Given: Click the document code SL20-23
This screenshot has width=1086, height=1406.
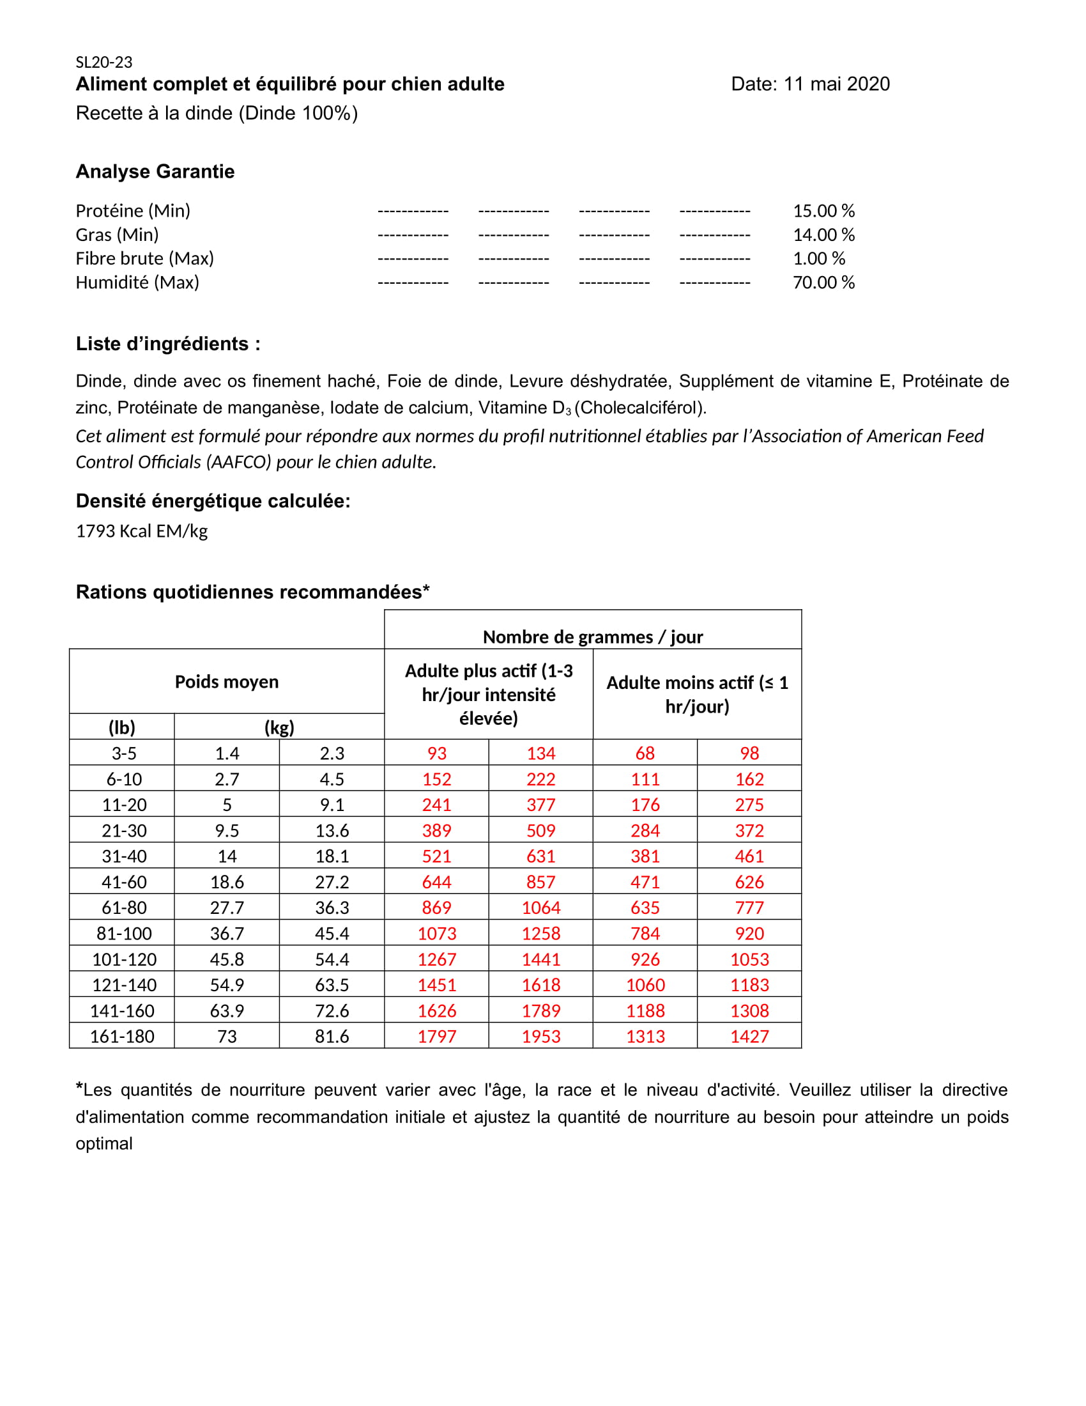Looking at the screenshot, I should (103, 63).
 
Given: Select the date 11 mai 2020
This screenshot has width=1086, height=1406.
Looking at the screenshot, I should (836, 84).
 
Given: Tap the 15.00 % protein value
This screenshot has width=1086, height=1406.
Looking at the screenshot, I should (823, 210).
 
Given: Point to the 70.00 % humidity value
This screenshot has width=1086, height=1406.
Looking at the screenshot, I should (823, 282).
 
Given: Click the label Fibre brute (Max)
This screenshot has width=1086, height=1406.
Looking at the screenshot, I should (144, 258).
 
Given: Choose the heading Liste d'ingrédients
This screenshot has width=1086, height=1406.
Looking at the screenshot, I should (167, 344).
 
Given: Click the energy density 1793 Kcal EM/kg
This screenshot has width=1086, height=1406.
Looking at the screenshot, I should (142, 531).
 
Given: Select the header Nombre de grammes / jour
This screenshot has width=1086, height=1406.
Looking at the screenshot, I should (592, 637).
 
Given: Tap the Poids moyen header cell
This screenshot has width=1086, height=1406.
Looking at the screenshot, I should (227, 682).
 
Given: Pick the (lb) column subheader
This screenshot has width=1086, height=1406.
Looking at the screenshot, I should (121, 727).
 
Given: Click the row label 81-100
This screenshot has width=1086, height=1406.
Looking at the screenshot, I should (123, 934).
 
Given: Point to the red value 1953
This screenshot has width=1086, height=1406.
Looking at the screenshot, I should (540, 1037).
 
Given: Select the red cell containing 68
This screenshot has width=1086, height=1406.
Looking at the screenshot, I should (645, 753).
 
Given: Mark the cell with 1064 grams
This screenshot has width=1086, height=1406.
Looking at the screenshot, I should (540, 908).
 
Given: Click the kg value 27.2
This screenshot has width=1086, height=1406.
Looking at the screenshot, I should (332, 882).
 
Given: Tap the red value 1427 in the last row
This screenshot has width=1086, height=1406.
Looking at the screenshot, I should (749, 1037).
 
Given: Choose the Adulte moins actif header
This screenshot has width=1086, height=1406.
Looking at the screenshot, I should (697, 694).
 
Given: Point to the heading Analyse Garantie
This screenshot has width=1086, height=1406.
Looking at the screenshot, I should (155, 171).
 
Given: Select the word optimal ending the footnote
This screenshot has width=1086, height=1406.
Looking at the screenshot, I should (103, 1143).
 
